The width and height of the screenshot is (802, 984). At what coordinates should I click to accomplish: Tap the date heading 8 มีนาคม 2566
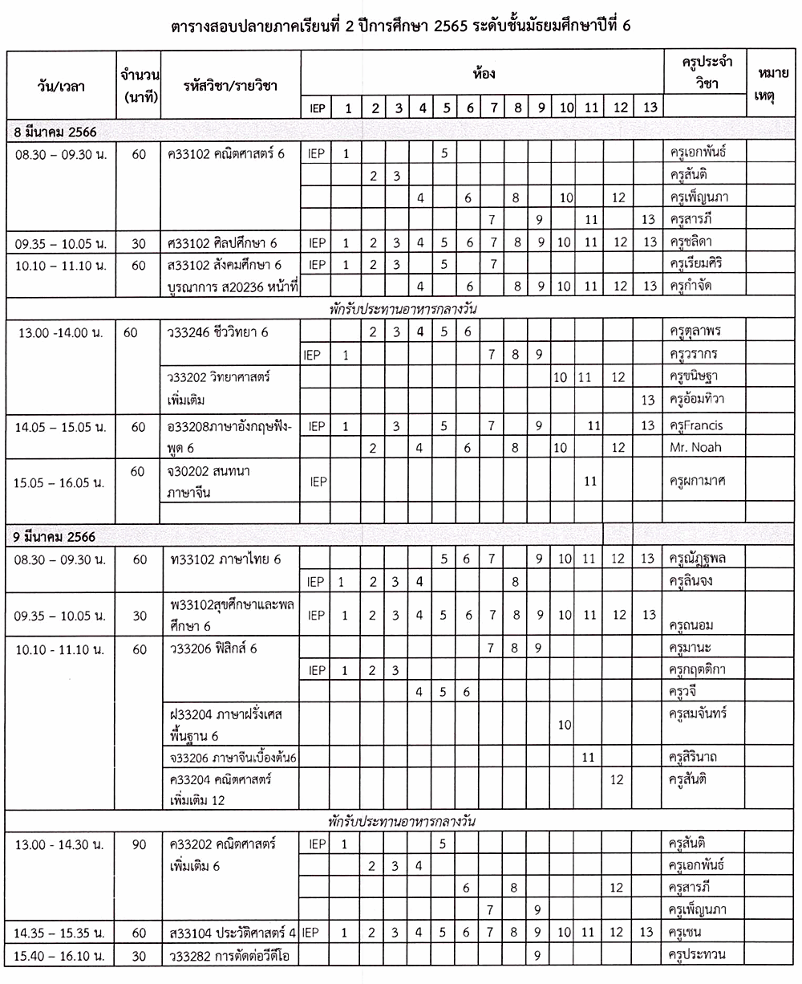56,131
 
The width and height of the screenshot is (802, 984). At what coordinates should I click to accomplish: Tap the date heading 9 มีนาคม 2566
56,536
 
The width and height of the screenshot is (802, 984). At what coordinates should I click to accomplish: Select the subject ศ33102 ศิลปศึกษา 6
223,242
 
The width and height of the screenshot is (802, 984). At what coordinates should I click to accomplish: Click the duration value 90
138,844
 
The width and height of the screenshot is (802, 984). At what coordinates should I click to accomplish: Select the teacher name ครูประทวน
699,954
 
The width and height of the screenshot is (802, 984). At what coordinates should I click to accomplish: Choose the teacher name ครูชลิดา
695,242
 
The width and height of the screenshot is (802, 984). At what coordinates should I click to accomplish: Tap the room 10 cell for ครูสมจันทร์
564,725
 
